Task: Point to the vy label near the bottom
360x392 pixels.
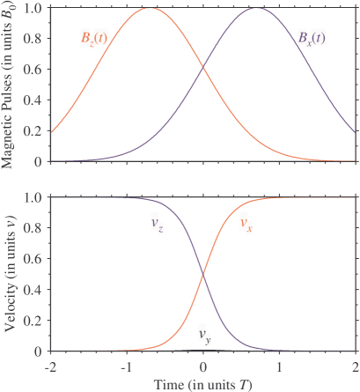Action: pos(204,335)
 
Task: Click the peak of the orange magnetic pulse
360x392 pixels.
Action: pos(151,9)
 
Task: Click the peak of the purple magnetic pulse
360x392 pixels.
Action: pos(255,9)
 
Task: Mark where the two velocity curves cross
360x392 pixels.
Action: pos(203,274)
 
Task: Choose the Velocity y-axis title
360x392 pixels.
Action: pos(9,275)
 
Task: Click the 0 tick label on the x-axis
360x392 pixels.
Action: pos(203,365)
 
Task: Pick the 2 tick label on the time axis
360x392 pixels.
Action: pos(355,365)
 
